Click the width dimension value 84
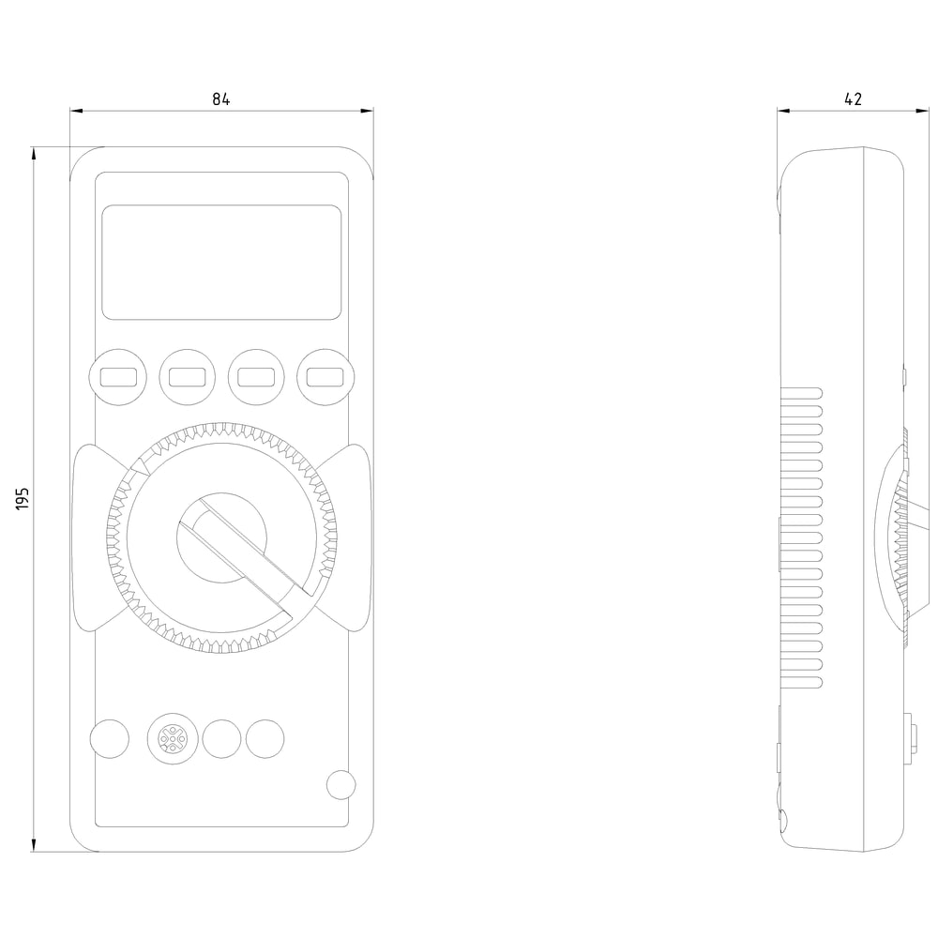point(220,98)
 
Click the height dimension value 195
point(23,498)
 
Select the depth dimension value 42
point(853,98)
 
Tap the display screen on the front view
point(221,262)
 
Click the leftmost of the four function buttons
point(118,377)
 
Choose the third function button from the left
point(256,377)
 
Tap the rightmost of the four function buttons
point(325,377)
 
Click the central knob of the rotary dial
point(222,537)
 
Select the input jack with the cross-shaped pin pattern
point(173,739)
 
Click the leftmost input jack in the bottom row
point(110,739)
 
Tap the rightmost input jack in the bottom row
point(265,739)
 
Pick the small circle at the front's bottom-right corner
point(341,784)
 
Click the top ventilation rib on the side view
point(801,393)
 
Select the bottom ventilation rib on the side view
point(801,683)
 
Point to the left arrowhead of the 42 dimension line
point(784,110)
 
